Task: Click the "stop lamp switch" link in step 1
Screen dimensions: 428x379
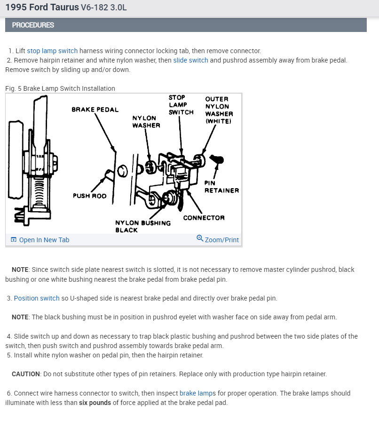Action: tap(52, 51)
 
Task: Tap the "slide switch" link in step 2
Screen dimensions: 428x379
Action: tap(190, 60)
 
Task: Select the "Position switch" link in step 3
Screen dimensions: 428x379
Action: tap(37, 298)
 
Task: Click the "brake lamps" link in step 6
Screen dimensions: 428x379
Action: tap(197, 393)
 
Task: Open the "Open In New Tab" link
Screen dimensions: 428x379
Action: tap(44, 240)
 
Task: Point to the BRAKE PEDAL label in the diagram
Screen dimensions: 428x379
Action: tap(95, 110)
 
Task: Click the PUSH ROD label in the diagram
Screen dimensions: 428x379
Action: tap(89, 196)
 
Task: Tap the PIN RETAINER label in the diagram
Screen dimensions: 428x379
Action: tap(221, 187)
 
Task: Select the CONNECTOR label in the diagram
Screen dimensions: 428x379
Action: tap(204, 218)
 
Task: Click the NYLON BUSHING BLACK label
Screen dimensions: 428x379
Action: tap(142, 226)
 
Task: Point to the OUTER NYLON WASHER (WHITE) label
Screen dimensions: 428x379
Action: tap(219, 110)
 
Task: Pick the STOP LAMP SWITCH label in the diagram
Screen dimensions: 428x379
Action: tap(181, 105)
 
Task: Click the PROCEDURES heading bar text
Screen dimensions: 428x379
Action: tap(33, 25)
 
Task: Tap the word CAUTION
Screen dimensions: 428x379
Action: tap(26, 374)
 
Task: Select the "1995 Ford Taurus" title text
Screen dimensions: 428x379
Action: tap(42, 8)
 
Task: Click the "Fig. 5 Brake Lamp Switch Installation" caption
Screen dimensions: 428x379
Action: tap(60, 88)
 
